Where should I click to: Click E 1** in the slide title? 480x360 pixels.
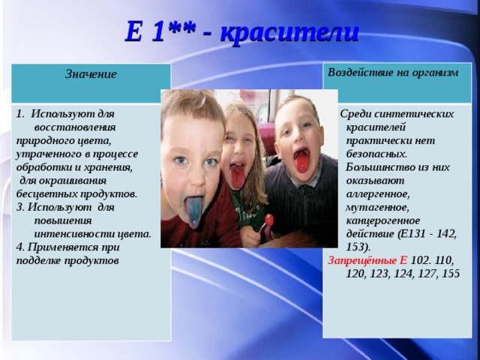pyautogui.click(x=160, y=32)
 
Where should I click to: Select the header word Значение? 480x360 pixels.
pyautogui.click(x=91, y=73)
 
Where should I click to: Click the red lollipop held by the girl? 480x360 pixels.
pyautogui.click(x=269, y=220)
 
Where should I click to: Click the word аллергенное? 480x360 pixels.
pyautogui.click(x=379, y=193)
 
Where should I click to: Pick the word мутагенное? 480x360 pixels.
pyautogui.click(x=377, y=206)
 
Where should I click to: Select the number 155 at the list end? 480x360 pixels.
pyautogui.click(x=451, y=274)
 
